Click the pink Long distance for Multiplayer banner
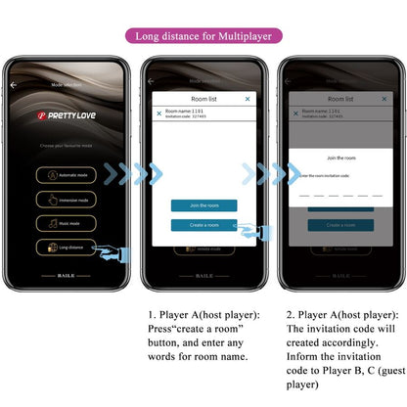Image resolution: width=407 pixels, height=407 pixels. tap(203, 36)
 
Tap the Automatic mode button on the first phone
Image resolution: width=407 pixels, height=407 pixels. tap(68, 175)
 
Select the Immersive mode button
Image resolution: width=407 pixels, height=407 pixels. tap(68, 199)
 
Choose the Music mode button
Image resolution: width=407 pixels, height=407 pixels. tap(68, 222)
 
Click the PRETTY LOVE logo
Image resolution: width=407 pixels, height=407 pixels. tap(68, 114)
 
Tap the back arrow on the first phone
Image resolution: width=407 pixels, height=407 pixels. tap(14, 85)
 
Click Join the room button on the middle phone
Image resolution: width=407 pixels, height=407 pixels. tap(203, 205)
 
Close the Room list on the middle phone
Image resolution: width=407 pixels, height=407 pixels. tap(248, 99)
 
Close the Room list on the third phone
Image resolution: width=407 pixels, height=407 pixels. tap(384, 99)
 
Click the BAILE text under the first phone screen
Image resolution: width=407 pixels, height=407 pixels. tap(68, 276)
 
